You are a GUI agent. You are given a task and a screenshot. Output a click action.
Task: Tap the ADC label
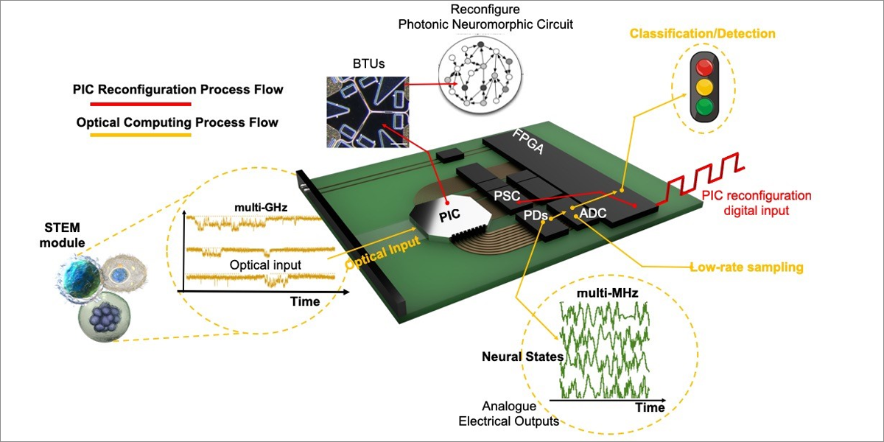tap(594, 214)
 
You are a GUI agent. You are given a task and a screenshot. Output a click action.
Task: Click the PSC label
tap(508, 197)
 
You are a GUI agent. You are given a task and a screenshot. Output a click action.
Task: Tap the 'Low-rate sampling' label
tap(746, 267)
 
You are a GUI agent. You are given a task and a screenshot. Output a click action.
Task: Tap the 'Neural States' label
tap(523, 357)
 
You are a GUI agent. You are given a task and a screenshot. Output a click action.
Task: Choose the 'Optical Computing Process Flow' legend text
tap(178, 122)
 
